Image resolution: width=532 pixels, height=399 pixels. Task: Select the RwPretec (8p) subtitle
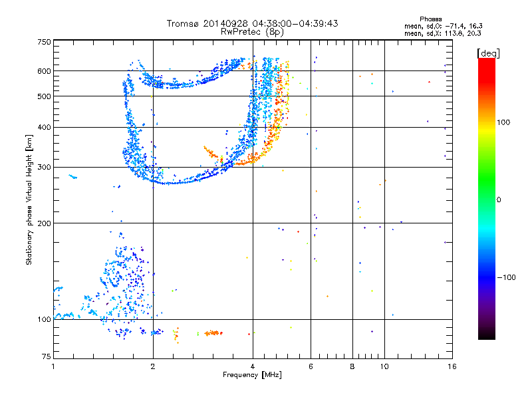(x=252, y=32)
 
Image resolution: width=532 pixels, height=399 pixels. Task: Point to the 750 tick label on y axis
(x=44, y=42)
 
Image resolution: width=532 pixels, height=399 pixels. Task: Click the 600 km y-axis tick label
(x=44, y=71)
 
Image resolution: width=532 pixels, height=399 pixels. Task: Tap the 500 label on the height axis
(x=44, y=96)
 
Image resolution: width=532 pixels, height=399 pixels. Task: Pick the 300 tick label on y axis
(x=44, y=167)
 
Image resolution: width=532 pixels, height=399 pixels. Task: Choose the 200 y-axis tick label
(x=44, y=223)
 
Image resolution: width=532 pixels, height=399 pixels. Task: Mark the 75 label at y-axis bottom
(x=47, y=356)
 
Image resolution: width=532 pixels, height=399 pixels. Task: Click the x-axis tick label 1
(x=53, y=366)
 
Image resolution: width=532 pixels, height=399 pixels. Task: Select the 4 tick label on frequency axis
(x=253, y=366)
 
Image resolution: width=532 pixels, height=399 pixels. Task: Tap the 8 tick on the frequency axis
(x=352, y=366)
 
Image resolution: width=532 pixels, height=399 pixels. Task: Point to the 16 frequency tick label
(x=452, y=366)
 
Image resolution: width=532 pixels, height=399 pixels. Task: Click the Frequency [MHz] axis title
(x=252, y=375)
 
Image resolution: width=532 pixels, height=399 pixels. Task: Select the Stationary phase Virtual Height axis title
(x=29, y=200)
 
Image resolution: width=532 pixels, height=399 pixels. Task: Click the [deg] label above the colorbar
(x=488, y=53)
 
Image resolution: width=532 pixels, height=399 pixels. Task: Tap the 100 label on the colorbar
(x=503, y=122)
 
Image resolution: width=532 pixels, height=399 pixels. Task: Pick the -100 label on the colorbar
(x=506, y=277)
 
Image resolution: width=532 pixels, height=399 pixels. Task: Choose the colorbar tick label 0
(x=499, y=200)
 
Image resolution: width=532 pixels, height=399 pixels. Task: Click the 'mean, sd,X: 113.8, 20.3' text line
(x=443, y=34)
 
